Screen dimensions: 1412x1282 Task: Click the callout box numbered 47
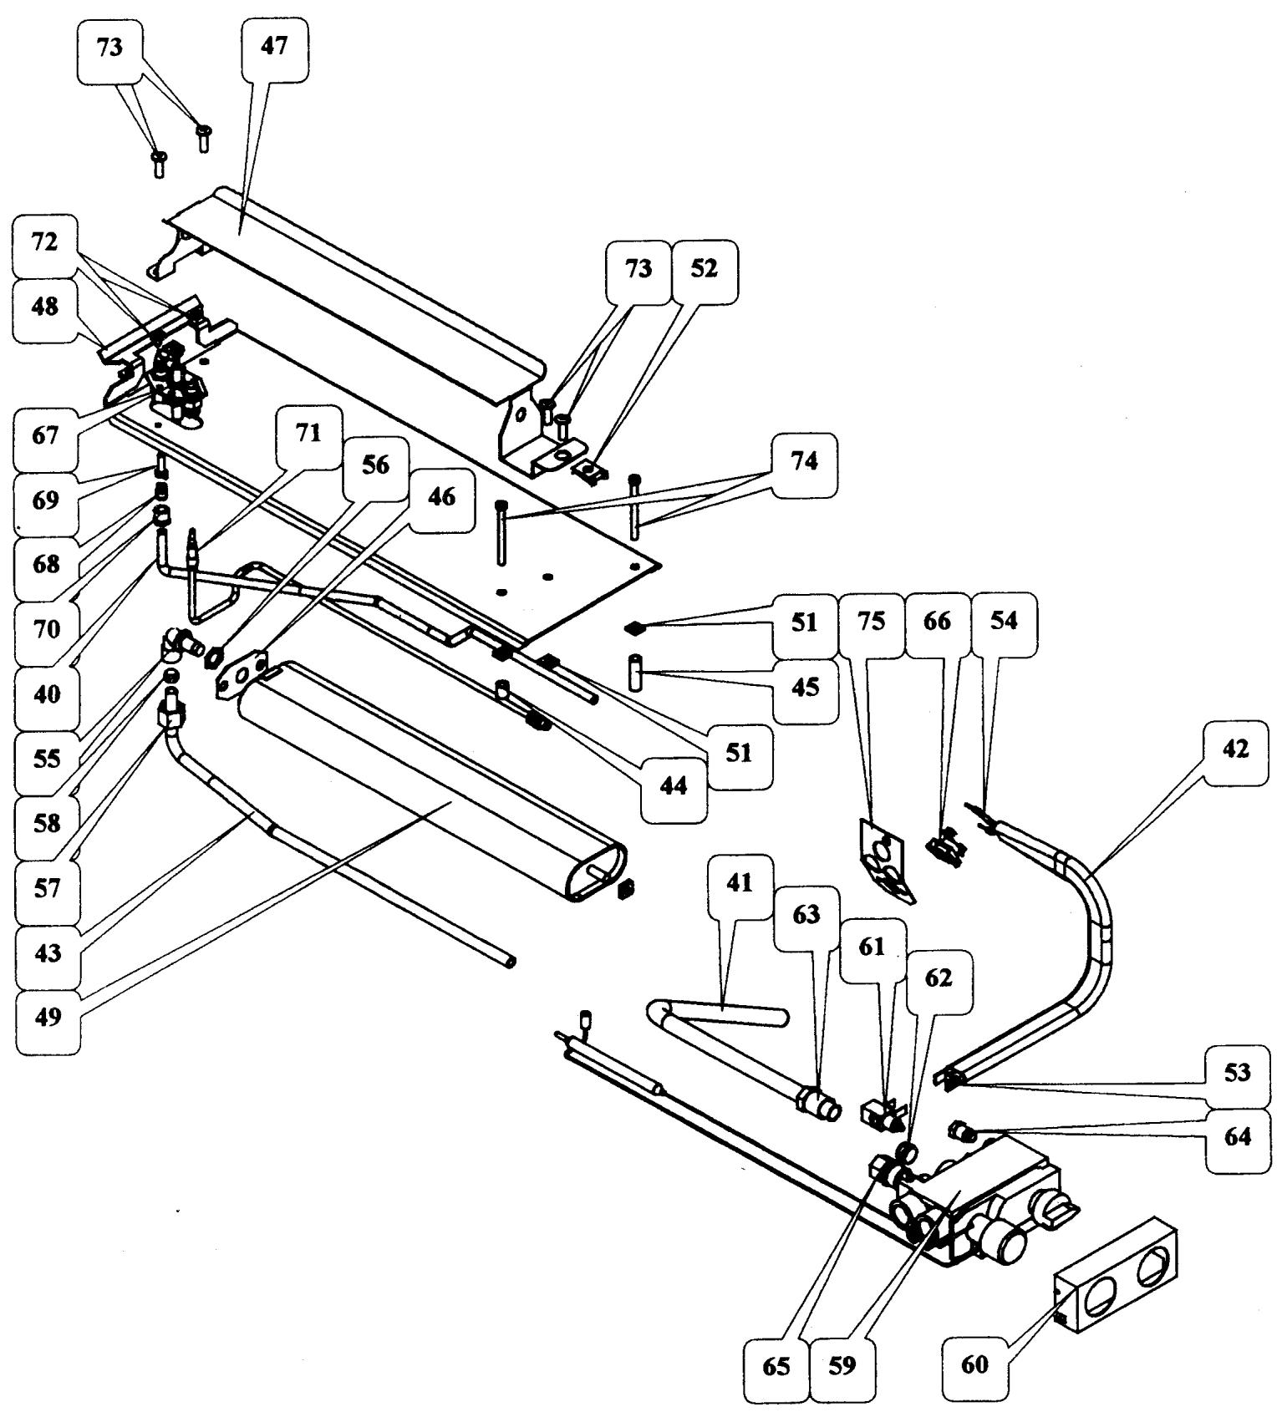click(273, 46)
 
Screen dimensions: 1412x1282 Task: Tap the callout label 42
click(1235, 749)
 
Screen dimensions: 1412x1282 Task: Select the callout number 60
click(974, 1365)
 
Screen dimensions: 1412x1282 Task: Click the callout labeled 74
click(804, 461)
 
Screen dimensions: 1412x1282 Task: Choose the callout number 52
click(705, 270)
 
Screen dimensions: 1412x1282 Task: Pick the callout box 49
click(48, 1018)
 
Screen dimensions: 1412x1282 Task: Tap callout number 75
click(872, 622)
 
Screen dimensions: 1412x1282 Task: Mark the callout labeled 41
click(740, 883)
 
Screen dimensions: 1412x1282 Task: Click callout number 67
click(47, 435)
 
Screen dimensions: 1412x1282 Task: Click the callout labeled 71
click(308, 434)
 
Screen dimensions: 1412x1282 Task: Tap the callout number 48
click(45, 306)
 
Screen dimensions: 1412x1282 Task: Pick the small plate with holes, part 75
click(886, 861)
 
